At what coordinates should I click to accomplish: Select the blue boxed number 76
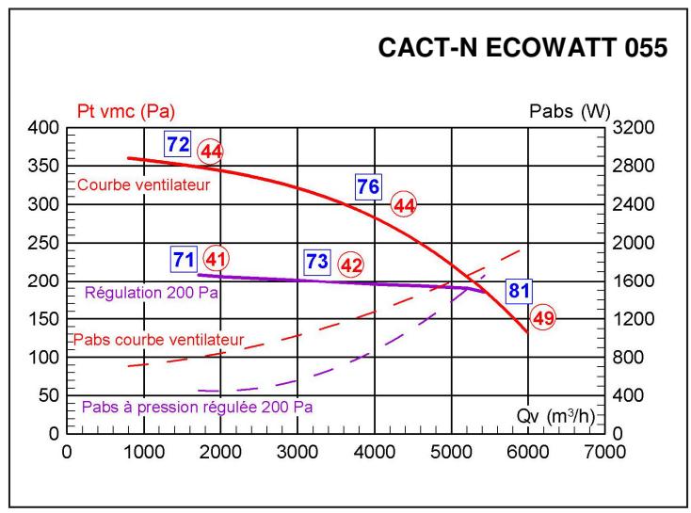click(367, 186)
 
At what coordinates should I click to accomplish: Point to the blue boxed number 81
click(519, 291)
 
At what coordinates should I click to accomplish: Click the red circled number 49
click(543, 318)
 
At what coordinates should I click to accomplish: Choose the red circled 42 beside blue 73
click(351, 265)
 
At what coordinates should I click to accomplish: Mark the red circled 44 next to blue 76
click(405, 204)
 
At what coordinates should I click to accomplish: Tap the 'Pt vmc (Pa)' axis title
click(119, 112)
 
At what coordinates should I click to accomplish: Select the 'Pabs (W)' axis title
click(569, 112)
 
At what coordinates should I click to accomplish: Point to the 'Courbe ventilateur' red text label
click(143, 184)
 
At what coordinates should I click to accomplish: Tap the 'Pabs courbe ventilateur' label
click(158, 339)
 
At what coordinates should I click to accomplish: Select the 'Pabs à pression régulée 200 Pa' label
click(197, 408)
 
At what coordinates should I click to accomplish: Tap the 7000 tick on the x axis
click(603, 451)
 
